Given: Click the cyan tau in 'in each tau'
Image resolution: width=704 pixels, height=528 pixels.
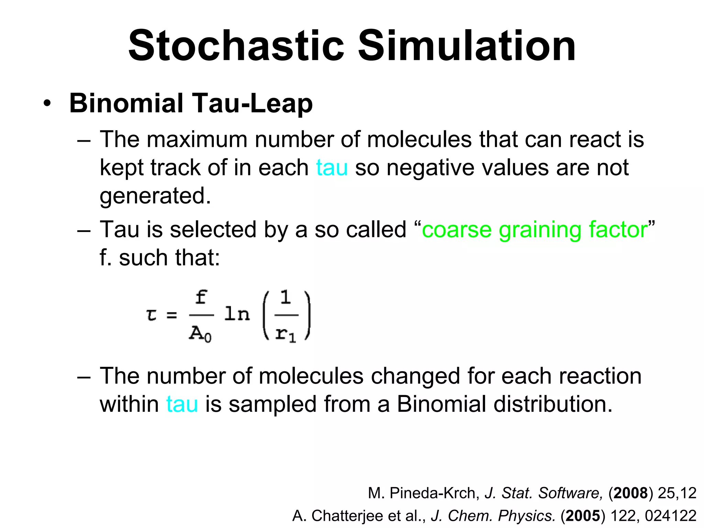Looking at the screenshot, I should (332, 168).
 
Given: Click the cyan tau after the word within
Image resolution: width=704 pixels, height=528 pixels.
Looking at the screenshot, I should (182, 404).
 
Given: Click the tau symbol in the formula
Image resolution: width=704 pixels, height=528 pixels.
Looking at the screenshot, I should (152, 315).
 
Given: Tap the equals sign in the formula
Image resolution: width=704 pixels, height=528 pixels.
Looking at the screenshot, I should (172, 315).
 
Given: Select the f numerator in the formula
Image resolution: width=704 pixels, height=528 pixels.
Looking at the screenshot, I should (201, 297).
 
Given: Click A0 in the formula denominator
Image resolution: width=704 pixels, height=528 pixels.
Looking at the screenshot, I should (200, 333).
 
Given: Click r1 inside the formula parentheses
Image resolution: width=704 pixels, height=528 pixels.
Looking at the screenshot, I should (286, 334).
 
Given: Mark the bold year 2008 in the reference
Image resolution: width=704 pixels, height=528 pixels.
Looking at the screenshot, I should (630, 493).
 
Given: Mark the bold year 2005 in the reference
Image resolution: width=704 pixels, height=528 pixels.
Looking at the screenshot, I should (583, 516).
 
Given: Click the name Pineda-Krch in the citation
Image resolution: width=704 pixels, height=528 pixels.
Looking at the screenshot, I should (434, 493).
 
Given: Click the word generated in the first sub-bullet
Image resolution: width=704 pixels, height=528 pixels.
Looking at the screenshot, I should (155, 196).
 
